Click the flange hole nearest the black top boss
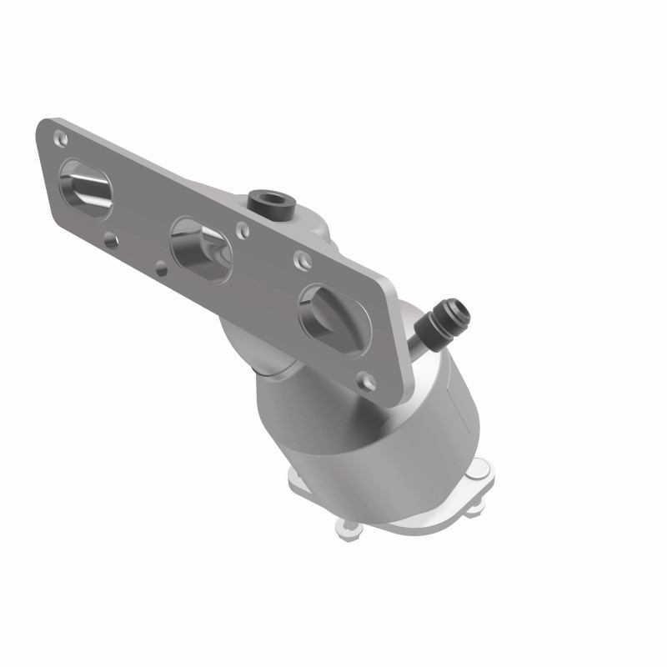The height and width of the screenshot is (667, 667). coord(242,226)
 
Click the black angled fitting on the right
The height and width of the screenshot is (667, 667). coord(442,325)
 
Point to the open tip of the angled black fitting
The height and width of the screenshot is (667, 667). coord(461,314)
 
